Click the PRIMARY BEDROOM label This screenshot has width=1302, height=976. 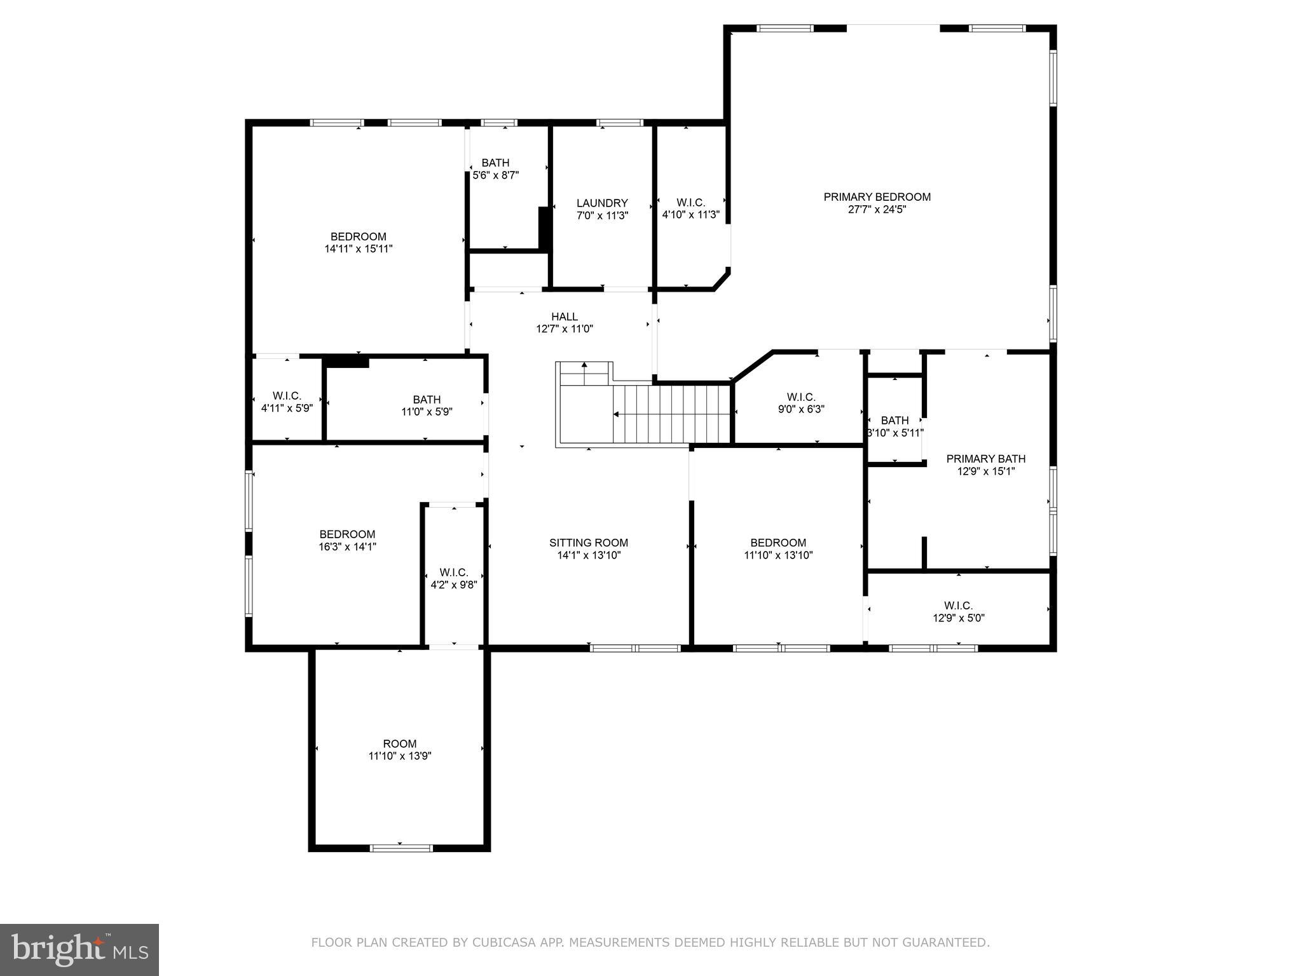click(x=877, y=197)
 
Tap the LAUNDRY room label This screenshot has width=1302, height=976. click(x=601, y=203)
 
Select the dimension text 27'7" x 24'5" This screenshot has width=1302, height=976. click(x=877, y=210)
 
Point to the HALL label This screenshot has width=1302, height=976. click(x=564, y=316)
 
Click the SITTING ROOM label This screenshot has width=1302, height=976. click(x=588, y=543)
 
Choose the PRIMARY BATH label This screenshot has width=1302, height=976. click(x=985, y=459)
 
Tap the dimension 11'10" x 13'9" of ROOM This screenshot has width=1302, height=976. click(x=399, y=756)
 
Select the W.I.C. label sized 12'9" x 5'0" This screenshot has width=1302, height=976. click(x=958, y=606)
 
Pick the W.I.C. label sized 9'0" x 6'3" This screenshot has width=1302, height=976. click(x=800, y=397)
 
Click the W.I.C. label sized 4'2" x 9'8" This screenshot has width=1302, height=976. click(x=453, y=573)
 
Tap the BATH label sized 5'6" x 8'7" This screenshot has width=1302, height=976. click(x=495, y=163)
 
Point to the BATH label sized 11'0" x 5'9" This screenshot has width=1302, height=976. click(x=427, y=400)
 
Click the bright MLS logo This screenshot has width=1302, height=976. click(x=79, y=950)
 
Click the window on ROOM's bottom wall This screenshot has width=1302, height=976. click(x=401, y=848)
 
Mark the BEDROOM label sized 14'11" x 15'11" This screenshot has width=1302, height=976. click(x=358, y=237)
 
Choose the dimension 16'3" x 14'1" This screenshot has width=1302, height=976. click(x=347, y=546)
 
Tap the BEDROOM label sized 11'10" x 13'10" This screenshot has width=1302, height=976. click(x=778, y=543)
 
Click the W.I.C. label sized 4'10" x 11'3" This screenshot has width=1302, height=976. click(x=690, y=203)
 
